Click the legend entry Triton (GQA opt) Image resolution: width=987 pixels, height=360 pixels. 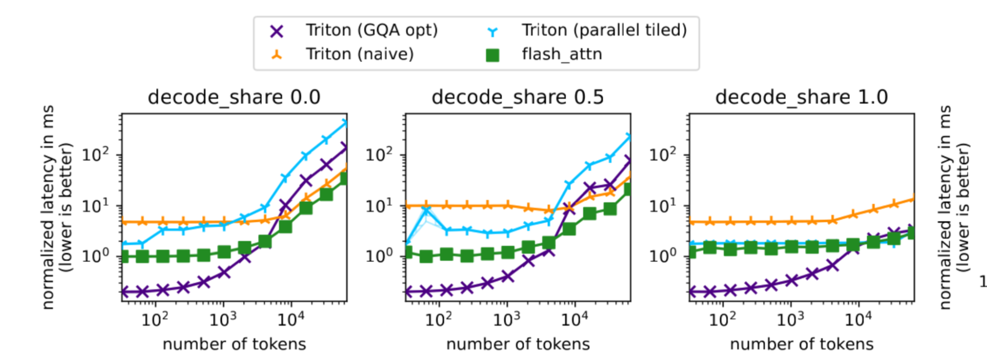point(371,31)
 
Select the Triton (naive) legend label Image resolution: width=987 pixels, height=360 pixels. point(359,54)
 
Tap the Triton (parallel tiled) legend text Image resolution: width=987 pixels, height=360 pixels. point(604,31)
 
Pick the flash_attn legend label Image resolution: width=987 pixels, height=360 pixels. point(562,54)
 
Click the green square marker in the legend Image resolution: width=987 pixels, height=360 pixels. point(492,55)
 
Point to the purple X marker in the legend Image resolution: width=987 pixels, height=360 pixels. point(277,32)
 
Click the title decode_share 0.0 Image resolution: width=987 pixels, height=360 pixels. point(234,97)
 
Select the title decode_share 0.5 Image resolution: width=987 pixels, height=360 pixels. point(517,97)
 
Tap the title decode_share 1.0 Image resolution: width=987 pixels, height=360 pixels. point(801,97)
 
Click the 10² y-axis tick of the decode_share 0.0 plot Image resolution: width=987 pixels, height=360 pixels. point(95,155)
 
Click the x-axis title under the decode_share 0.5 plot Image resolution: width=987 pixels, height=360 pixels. point(518,344)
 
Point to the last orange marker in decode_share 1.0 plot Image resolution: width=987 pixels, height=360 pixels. point(912,199)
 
